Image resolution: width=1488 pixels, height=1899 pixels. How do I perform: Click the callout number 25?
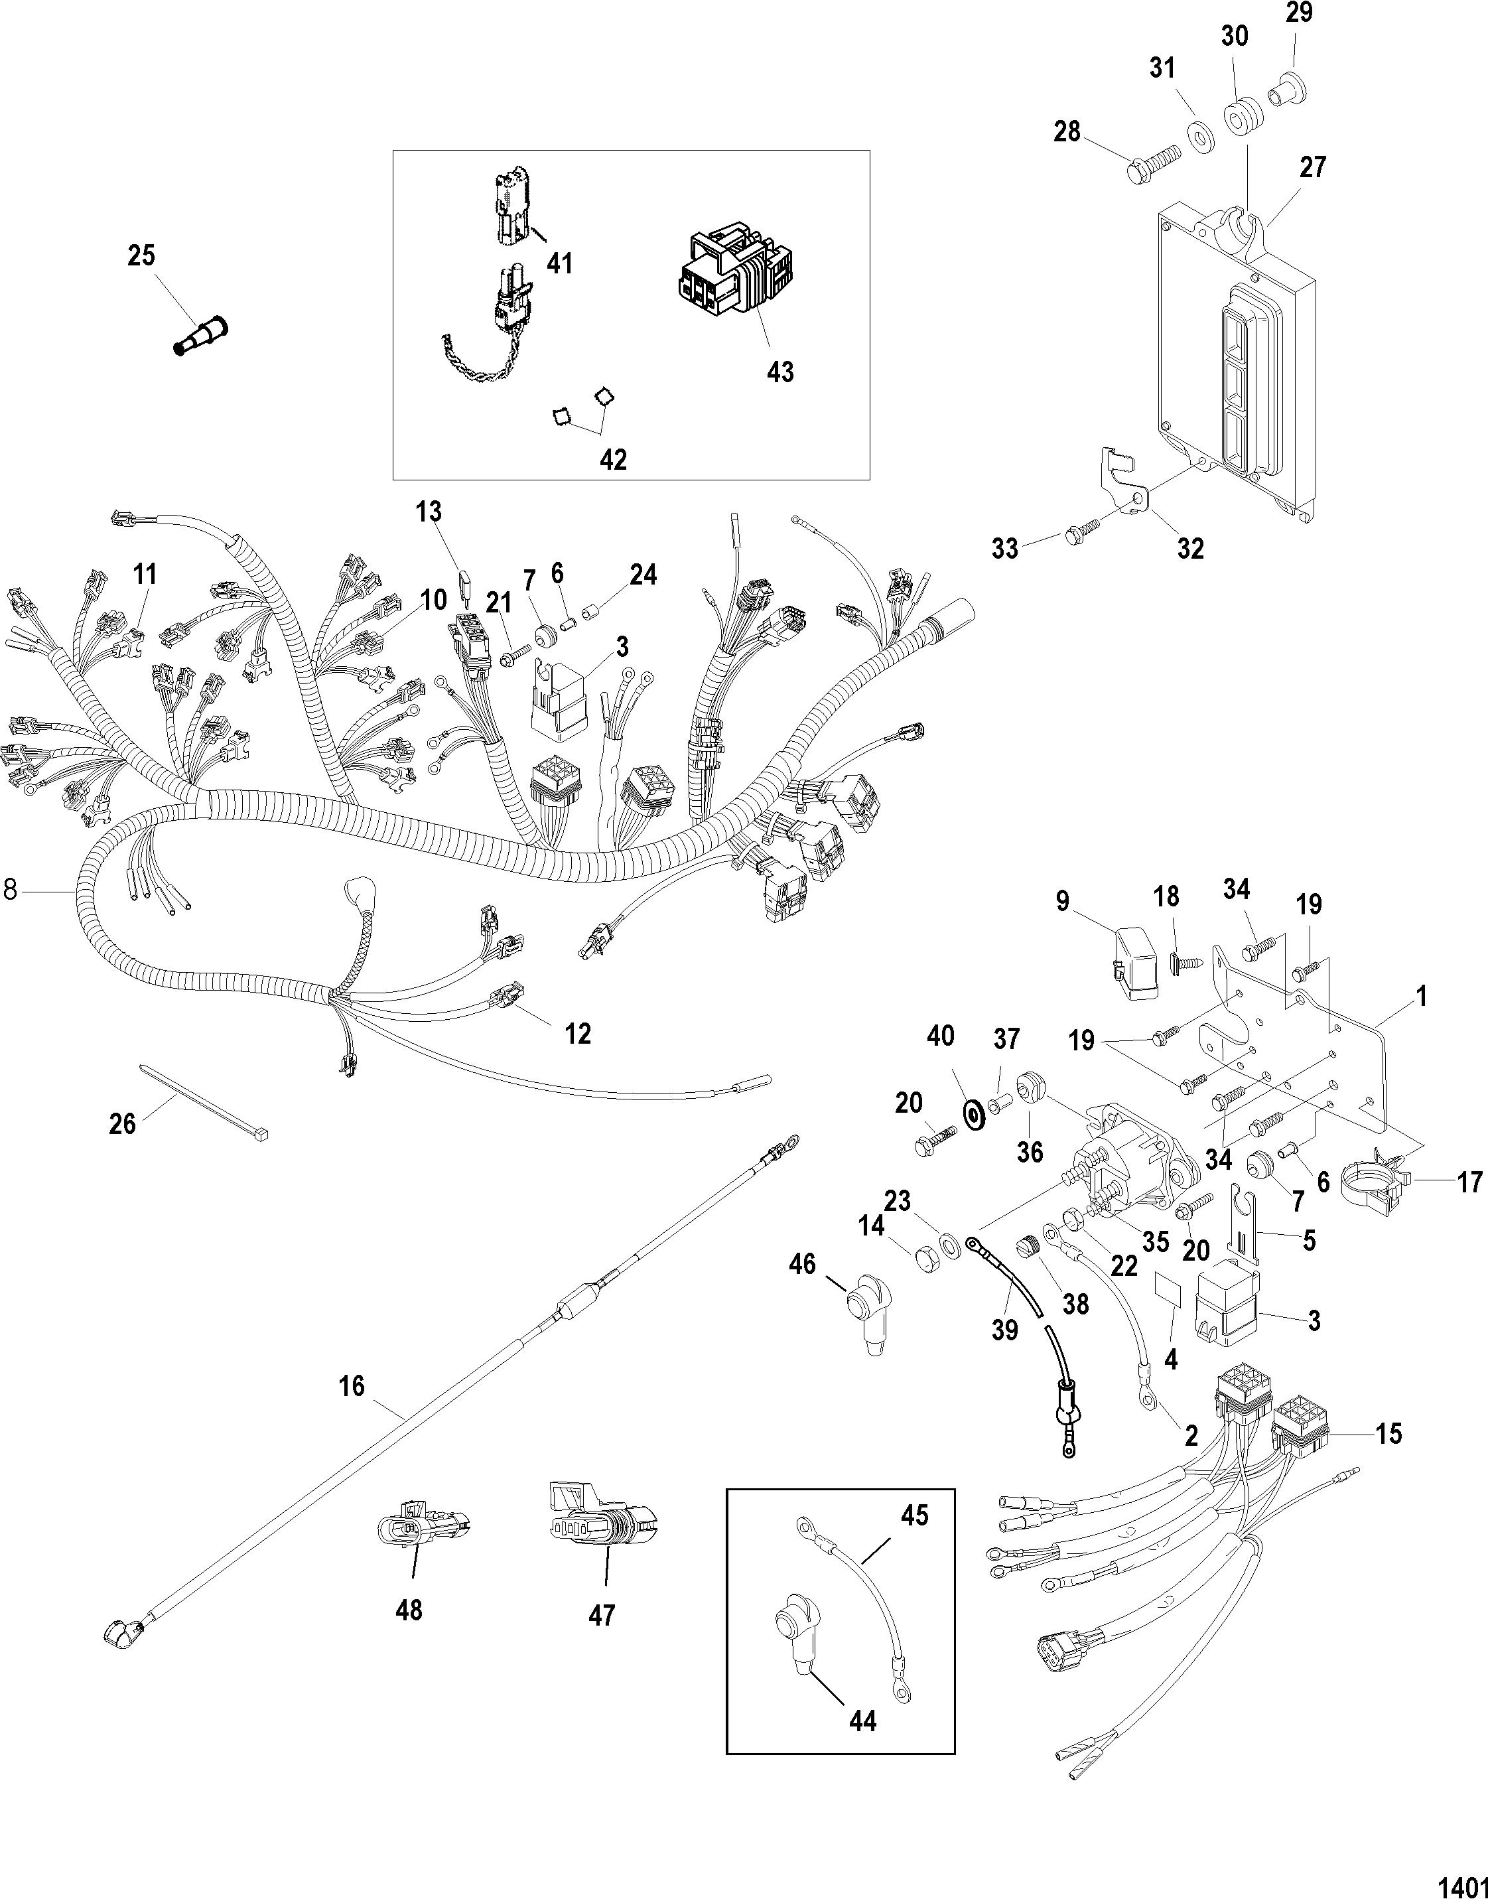pyautogui.click(x=141, y=255)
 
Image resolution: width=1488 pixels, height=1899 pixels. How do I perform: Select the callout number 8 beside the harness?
pyautogui.click(x=11, y=890)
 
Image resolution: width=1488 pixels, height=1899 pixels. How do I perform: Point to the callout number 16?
pyautogui.click(x=352, y=1385)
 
